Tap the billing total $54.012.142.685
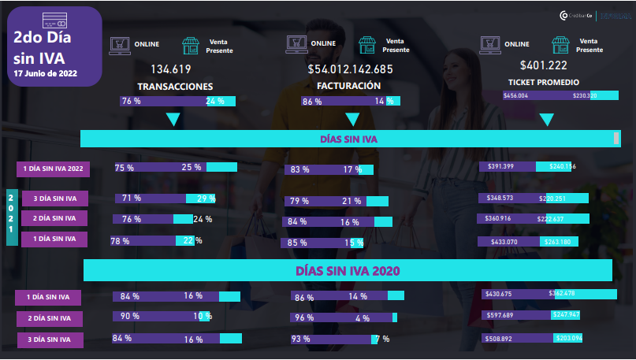tap(350, 69)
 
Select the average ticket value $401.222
tap(543, 65)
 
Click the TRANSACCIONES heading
tap(175, 86)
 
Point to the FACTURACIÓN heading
tap(348, 86)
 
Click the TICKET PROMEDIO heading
tap(544, 82)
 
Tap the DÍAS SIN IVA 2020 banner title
tap(348, 270)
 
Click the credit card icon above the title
tap(54, 20)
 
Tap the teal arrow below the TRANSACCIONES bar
tap(173, 120)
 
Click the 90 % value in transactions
tap(129, 316)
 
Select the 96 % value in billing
tap(303, 318)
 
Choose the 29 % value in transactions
tap(206, 198)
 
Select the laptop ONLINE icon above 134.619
tap(120, 44)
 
